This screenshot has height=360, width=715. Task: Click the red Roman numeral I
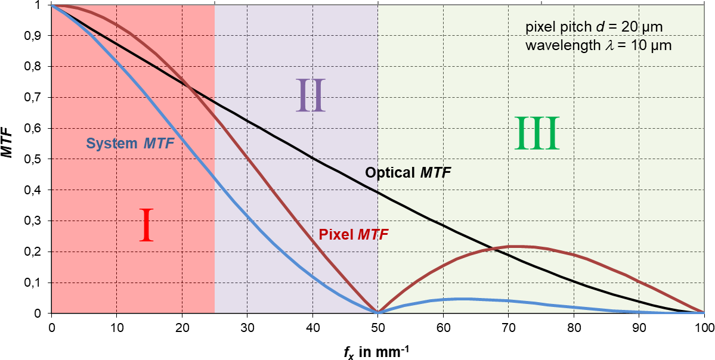click(x=147, y=225)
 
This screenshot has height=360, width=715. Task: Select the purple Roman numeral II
click(x=311, y=95)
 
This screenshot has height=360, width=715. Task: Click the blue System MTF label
click(x=134, y=143)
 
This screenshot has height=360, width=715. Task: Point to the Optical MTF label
click(x=408, y=173)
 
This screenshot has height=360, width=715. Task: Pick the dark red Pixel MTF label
click(x=354, y=234)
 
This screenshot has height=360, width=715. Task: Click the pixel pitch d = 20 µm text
click(x=594, y=27)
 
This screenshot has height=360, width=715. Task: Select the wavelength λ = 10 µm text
click(x=599, y=45)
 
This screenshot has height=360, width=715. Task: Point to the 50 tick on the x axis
click(x=378, y=327)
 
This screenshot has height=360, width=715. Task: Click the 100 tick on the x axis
click(x=704, y=327)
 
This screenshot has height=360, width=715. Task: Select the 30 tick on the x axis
click(x=247, y=327)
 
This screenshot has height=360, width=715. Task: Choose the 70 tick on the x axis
click(x=509, y=327)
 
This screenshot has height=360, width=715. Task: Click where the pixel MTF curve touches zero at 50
click(x=377, y=312)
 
